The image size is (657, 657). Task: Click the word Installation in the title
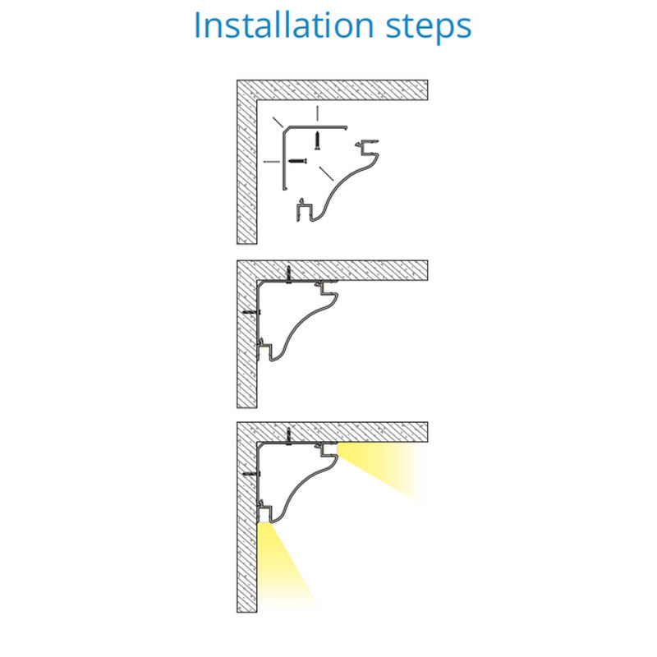coord(283,25)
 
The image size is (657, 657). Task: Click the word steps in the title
coord(429,28)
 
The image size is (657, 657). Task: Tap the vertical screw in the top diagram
coord(317,140)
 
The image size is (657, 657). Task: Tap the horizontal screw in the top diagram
coord(297,160)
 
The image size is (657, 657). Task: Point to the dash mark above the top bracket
coord(317,113)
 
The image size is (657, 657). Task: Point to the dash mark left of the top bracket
coord(271,161)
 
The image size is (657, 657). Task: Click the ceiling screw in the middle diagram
coord(288,274)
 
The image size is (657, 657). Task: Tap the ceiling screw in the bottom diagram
coord(288,436)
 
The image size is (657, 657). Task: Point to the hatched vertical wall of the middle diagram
coord(247,334)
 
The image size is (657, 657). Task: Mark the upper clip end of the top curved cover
coord(367,147)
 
